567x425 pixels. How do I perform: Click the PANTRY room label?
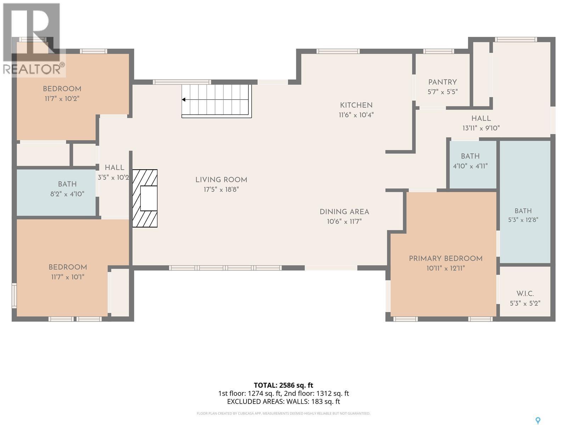[x=442, y=82]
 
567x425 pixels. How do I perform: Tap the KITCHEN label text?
[x=356, y=105]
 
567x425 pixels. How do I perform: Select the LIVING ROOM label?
[x=221, y=180]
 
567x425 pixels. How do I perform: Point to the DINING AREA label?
[x=344, y=212]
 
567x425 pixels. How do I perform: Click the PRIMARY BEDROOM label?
[x=445, y=259]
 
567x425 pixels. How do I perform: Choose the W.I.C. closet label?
[x=525, y=294]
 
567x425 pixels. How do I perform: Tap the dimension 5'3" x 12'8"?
[x=523, y=220]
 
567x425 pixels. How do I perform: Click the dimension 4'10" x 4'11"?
[x=470, y=166]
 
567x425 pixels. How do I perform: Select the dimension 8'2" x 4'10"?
[x=67, y=194]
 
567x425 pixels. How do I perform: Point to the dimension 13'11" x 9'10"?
[x=481, y=128]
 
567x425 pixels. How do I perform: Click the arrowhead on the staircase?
[x=184, y=100]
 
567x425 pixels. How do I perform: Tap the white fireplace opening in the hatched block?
[x=149, y=198]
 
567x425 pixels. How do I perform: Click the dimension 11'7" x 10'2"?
[x=62, y=98]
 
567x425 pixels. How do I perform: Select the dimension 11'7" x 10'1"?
[x=68, y=277]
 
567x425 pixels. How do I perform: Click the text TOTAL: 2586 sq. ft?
[x=283, y=385]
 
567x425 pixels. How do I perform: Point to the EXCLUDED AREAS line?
[x=283, y=402]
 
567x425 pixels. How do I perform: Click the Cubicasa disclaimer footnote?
[x=283, y=413]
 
